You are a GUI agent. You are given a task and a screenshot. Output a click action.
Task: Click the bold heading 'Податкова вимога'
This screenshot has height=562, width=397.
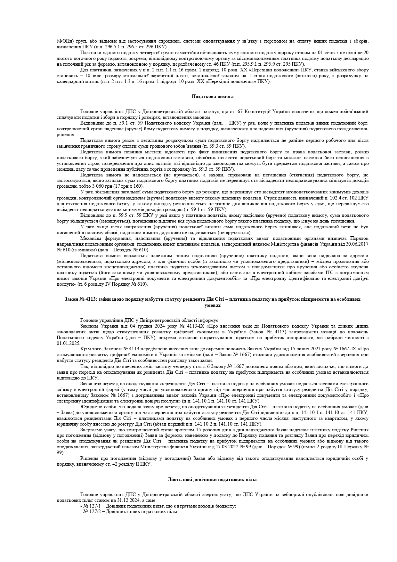(x=213, y=96)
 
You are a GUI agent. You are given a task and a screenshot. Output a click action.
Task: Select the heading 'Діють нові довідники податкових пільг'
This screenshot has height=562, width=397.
(x=213, y=479)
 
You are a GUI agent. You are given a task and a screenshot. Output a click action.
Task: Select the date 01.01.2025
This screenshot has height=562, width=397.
(x=68, y=343)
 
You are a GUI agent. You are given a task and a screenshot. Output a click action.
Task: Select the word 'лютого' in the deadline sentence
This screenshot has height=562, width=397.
(x=63, y=59)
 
